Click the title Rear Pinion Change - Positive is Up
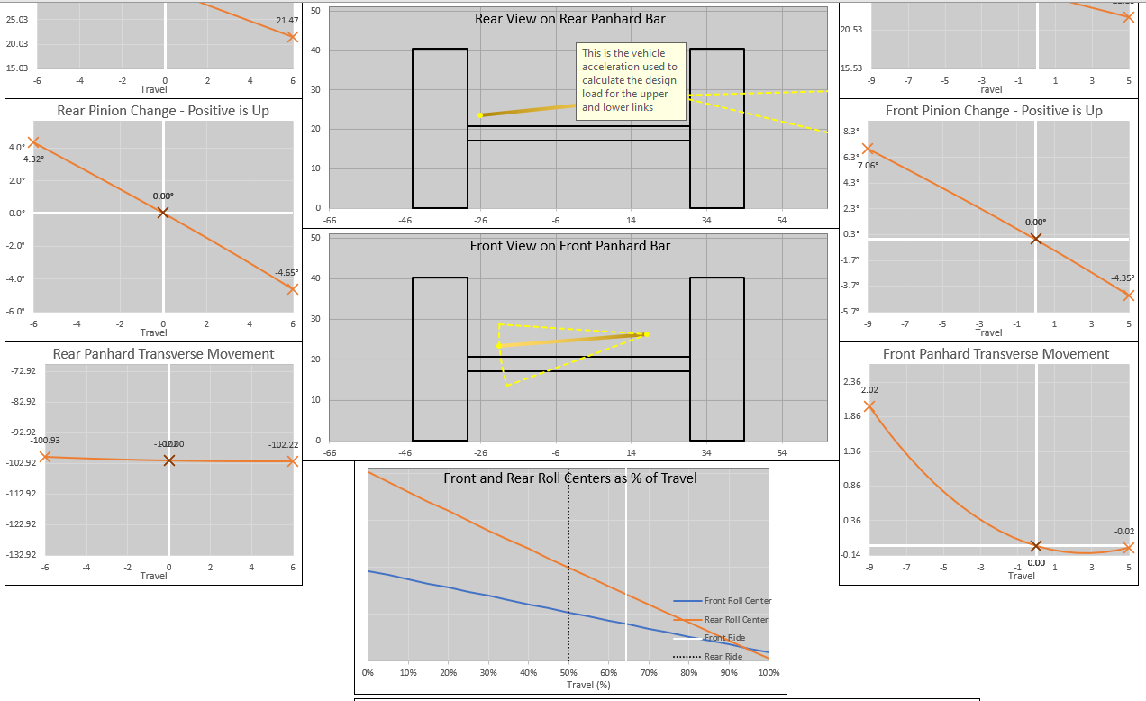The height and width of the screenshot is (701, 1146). point(163,111)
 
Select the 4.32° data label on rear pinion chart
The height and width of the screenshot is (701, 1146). point(34,159)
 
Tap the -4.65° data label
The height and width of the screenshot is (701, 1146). point(286,272)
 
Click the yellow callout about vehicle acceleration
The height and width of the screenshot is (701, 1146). point(631,81)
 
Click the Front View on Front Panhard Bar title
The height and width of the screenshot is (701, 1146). point(570,245)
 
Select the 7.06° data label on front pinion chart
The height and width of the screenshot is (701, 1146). point(868,166)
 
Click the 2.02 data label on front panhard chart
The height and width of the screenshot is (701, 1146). point(869,389)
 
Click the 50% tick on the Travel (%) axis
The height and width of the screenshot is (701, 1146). point(568,672)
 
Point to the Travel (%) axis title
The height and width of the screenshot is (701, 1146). point(588,685)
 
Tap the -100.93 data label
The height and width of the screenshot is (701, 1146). point(45,440)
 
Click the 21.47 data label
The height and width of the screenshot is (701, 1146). point(287,20)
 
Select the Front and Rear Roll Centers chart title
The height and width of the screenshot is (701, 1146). point(570,478)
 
